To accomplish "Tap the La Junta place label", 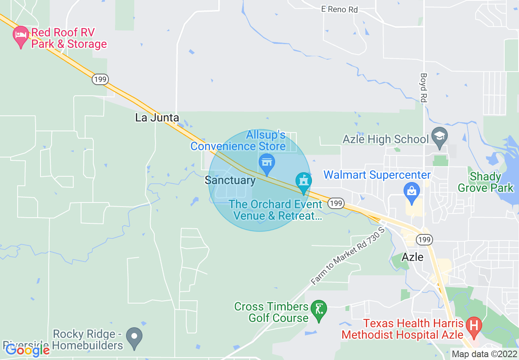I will (157, 118).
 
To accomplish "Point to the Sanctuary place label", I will (230, 180).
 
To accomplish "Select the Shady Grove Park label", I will (485, 182).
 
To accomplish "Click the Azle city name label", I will (413, 257).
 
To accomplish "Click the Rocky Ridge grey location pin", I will (134, 337).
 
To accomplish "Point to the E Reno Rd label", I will (339, 9).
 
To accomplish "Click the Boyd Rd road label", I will (424, 88).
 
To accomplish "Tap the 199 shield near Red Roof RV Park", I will (100, 79).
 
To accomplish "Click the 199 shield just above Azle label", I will (424, 239).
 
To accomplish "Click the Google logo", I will (27, 350).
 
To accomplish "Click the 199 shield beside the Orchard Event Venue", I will (336, 203).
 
